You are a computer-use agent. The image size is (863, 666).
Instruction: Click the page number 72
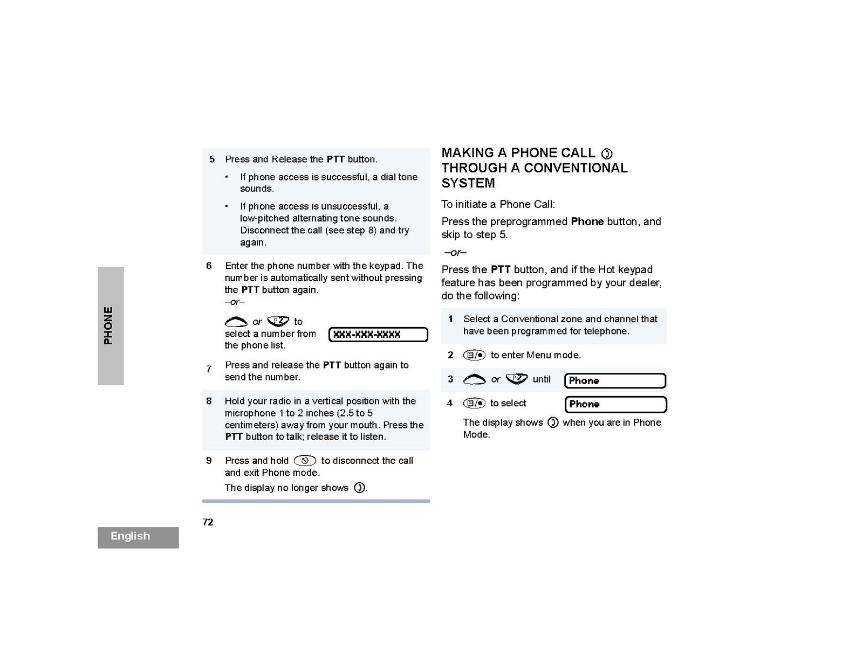[208, 522]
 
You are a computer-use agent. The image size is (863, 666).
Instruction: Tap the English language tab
[131, 536]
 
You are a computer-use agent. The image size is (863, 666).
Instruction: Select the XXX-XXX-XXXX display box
[378, 335]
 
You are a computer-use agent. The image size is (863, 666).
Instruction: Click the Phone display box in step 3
[615, 380]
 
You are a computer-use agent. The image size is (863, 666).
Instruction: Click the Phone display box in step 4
[615, 404]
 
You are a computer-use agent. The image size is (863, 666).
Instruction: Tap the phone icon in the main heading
[607, 154]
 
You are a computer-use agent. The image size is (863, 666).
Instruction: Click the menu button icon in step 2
[474, 355]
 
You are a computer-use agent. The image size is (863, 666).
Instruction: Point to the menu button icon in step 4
[474, 403]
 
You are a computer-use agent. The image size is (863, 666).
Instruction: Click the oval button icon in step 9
[305, 461]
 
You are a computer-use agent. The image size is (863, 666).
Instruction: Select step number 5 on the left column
[212, 159]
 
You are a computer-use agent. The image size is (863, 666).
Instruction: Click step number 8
[209, 401]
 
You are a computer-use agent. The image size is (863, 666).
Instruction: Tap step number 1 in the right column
[450, 319]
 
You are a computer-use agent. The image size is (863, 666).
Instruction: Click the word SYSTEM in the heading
[468, 183]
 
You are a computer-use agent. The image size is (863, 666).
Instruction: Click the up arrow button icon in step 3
[474, 380]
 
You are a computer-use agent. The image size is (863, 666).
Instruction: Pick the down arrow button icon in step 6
[278, 321]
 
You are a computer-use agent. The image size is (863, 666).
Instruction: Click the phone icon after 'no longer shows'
[359, 488]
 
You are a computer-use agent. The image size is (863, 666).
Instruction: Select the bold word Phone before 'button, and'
[587, 221]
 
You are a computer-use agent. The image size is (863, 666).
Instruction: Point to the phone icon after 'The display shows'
[552, 422]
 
